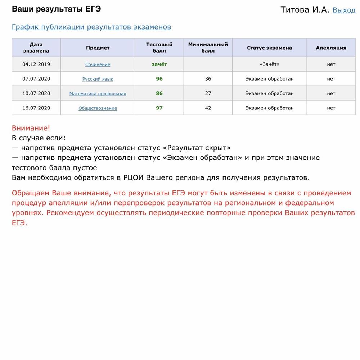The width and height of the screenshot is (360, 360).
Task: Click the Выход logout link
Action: click(x=344, y=10)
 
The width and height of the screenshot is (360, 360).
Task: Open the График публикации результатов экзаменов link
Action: click(x=91, y=27)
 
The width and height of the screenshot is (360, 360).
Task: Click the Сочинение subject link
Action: click(x=98, y=64)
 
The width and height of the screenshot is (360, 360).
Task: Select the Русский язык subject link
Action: click(x=98, y=79)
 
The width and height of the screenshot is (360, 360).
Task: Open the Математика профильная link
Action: click(x=98, y=94)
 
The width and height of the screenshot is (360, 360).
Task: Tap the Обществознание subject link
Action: click(x=98, y=108)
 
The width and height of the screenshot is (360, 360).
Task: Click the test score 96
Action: click(x=159, y=79)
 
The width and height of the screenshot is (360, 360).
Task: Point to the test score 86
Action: click(x=159, y=93)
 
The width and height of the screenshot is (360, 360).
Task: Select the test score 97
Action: click(x=159, y=108)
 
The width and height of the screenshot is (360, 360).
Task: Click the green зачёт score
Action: click(x=159, y=64)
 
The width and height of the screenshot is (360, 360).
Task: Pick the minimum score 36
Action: click(x=208, y=79)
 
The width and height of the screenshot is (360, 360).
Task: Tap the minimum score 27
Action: click(x=208, y=93)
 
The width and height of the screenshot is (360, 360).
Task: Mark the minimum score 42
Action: click(x=208, y=108)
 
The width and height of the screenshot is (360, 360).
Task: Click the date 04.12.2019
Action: click(x=36, y=64)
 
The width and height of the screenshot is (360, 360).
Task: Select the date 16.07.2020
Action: click(x=36, y=108)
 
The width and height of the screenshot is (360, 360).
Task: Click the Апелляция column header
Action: click(x=331, y=48)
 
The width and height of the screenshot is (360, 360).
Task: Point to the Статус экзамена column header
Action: click(x=269, y=48)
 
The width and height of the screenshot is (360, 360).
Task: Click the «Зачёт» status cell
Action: click(x=269, y=64)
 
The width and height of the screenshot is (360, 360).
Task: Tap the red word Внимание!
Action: click(x=31, y=128)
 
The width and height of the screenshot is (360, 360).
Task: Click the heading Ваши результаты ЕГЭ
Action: click(x=56, y=9)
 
